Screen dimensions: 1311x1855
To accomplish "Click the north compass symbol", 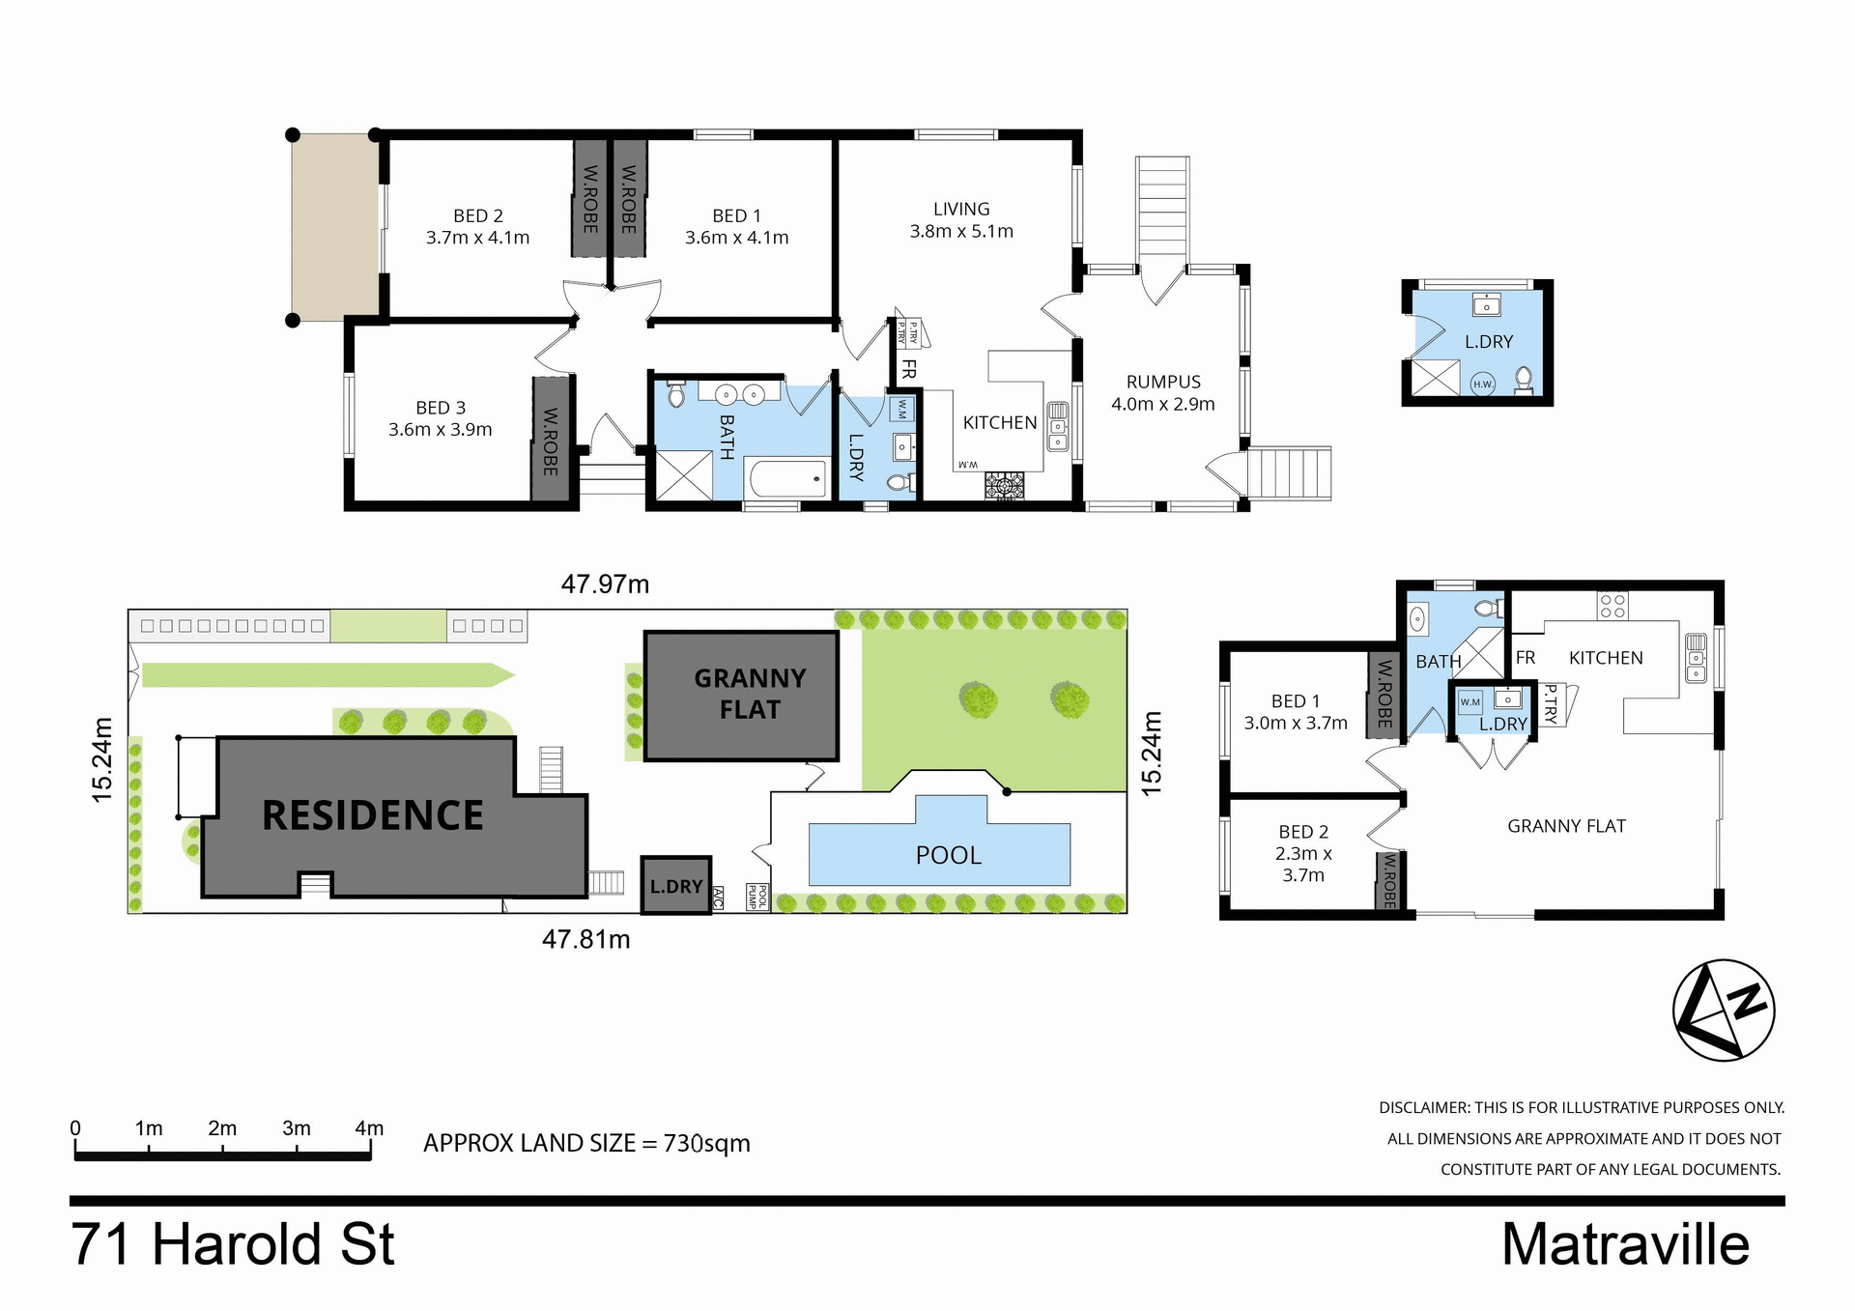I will (x=1724, y=1011).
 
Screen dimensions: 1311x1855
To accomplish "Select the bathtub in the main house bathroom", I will (x=788, y=479).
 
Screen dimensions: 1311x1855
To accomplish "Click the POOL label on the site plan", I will (x=948, y=855).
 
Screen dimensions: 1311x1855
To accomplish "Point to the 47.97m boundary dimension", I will (x=605, y=584).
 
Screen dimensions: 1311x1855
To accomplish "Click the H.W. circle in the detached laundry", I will (x=1482, y=385).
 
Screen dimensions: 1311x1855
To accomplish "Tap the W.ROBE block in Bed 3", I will (x=551, y=440).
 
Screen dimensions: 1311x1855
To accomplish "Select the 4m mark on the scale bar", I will (x=369, y=1129).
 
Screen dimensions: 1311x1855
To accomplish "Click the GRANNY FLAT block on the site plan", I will (x=741, y=696).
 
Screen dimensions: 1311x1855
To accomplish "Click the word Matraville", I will (x=1625, y=1244).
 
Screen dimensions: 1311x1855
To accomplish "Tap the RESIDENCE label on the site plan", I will (x=372, y=815).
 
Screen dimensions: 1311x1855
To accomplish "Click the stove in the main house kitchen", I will (x=1005, y=486).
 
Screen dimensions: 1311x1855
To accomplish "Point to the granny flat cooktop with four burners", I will (x=1612, y=606).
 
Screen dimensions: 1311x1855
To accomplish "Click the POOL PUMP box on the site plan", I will (x=756, y=897).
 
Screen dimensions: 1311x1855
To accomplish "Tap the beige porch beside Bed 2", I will (x=334, y=227).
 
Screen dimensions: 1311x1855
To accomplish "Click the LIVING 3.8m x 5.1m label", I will (x=961, y=220).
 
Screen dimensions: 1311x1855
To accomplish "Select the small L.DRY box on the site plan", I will (x=676, y=885).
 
